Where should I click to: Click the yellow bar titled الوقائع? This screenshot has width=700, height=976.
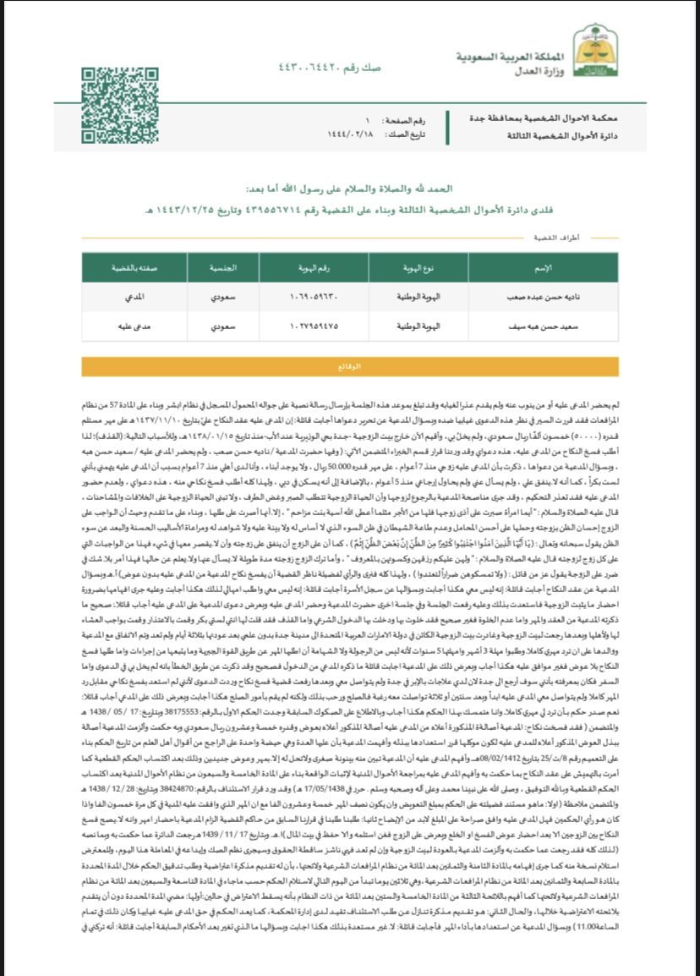pos(349,367)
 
